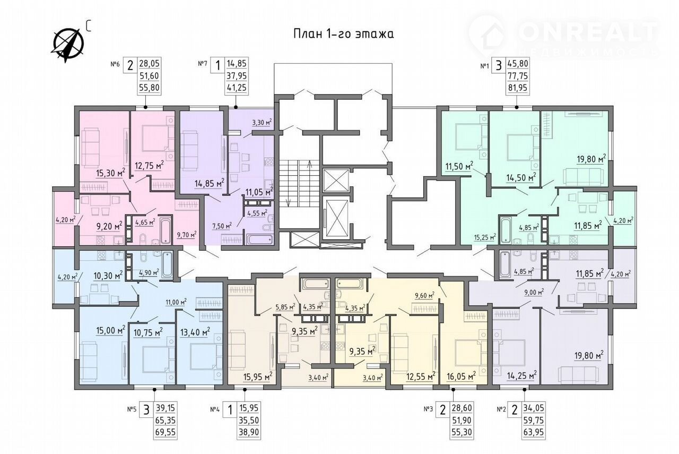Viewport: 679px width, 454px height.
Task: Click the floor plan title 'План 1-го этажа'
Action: pyautogui.click(x=343, y=33)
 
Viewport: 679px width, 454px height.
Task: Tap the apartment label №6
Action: pyautogui.click(x=115, y=64)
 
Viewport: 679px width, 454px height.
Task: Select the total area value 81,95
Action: pyautogui.click(x=518, y=88)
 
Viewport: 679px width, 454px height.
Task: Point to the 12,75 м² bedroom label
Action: pyautogui.click(x=149, y=166)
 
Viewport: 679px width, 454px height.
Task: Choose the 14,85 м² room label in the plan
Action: pyautogui.click(x=210, y=183)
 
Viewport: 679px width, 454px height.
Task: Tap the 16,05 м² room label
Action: pyautogui.click(x=461, y=376)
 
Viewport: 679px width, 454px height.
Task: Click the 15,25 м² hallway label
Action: pyautogui.click(x=485, y=236)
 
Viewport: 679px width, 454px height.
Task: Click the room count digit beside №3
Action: pyautogui.click(x=443, y=410)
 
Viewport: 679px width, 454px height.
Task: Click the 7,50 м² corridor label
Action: pyautogui.click(x=222, y=226)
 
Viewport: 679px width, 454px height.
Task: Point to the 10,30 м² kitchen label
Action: pyautogui.click(x=108, y=276)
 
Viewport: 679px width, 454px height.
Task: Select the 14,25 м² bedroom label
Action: pyautogui.click(x=522, y=376)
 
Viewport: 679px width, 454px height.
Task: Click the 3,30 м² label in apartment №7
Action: pyautogui.click(x=262, y=123)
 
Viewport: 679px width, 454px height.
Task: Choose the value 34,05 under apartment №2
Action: pyautogui.click(x=533, y=408)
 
